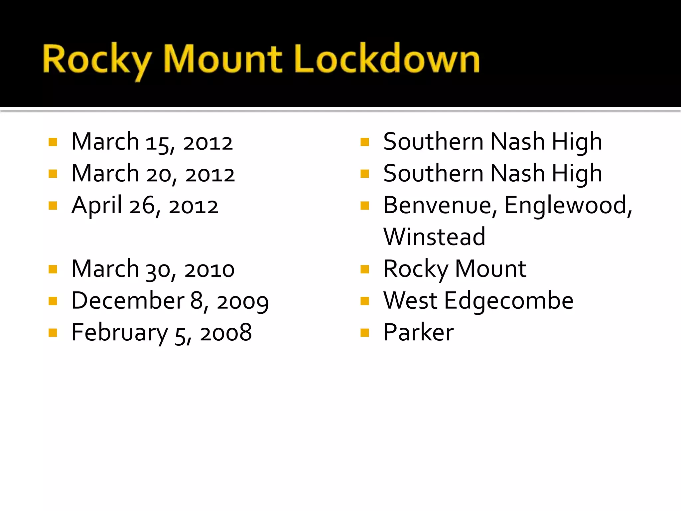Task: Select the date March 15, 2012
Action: click(152, 142)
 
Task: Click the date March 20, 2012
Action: click(153, 174)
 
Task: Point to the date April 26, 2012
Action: click(145, 206)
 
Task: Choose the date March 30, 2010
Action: click(153, 269)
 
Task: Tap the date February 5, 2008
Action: click(162, 333)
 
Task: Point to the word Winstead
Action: click(434, 237)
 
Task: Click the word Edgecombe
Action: click(509, 301)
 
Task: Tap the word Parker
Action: click(418, 333)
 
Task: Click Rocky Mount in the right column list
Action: click(455, 269)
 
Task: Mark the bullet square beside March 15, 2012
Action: click(53, 142)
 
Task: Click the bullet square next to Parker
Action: click(365, 333)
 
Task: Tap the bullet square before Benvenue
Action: click(365, 206)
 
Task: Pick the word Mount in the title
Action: click(223, 59)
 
